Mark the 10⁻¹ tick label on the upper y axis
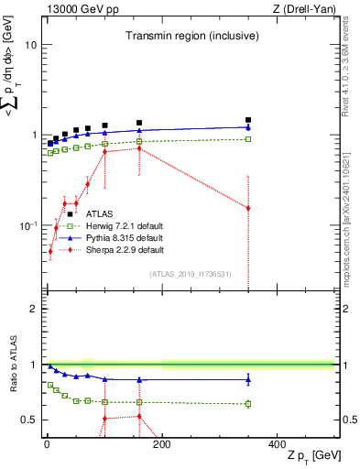click(x=27, y=225)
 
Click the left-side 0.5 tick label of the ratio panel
click(x=28, y=420)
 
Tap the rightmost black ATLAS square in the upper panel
click(x=248, y=119)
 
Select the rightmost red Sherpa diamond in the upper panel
click(x=248, y=208)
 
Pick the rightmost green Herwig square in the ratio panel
click(x=248, y=403)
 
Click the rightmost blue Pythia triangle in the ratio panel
click(x=248, y=379)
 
